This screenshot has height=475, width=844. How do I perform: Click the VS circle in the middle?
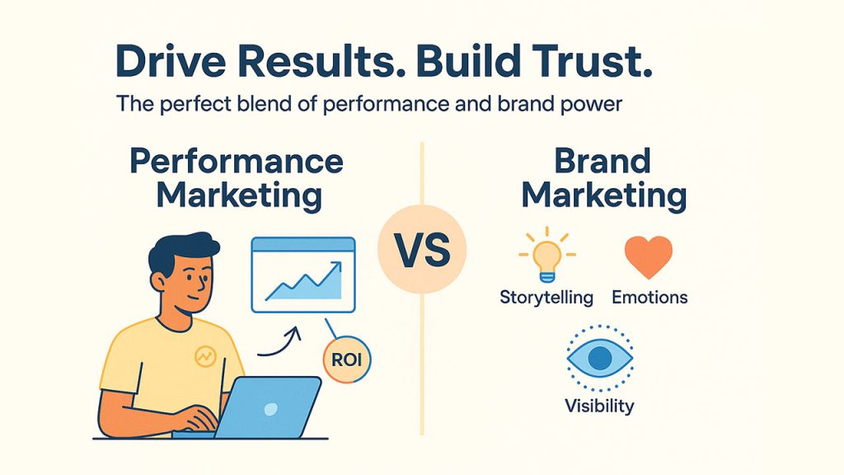point(422,249)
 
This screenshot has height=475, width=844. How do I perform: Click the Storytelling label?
point(546,297)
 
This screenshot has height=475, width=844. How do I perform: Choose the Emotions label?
point(649,297)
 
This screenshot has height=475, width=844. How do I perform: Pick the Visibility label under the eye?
point(599,406)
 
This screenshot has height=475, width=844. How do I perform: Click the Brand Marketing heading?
point(604,180)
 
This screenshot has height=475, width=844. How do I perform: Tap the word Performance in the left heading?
point(237,162)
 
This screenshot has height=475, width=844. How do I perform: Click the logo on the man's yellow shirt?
point(204,356)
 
